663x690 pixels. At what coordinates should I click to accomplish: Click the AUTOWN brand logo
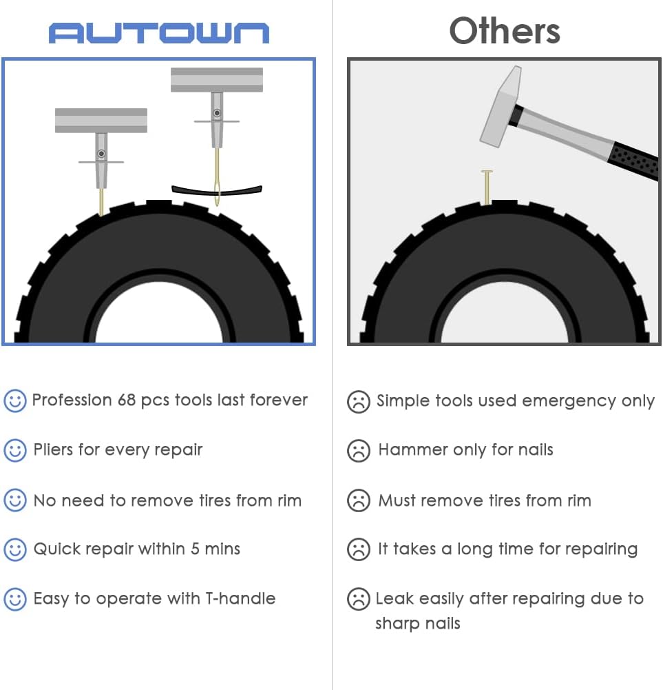pyautogui.click(x=158, y=32)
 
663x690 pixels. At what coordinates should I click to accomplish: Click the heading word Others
pyautogui.click(x=504, y=31)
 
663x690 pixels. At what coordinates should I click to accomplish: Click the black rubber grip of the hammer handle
pyautogui.click(x=636, y=163)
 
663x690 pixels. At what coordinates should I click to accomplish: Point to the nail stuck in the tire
pyautogui.click(x=487, y=187)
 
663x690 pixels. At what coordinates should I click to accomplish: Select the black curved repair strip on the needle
pyautogui.click(x=217, y=190)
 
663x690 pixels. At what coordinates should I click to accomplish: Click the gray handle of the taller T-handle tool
pyautogui.click(x=217, y=79)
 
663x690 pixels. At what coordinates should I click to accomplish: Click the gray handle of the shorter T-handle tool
pyautogui.click(x=101, y=120)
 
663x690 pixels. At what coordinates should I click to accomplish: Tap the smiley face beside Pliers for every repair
pyautogui.click(x=15, y=450)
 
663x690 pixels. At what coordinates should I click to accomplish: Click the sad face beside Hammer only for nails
pyautogui.click(x=358, y=451)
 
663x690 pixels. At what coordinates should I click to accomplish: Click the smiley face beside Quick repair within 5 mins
pyautogui.click(x=15, y=549)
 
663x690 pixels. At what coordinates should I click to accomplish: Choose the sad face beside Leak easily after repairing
pyautogui.click(x=358, y=598)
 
